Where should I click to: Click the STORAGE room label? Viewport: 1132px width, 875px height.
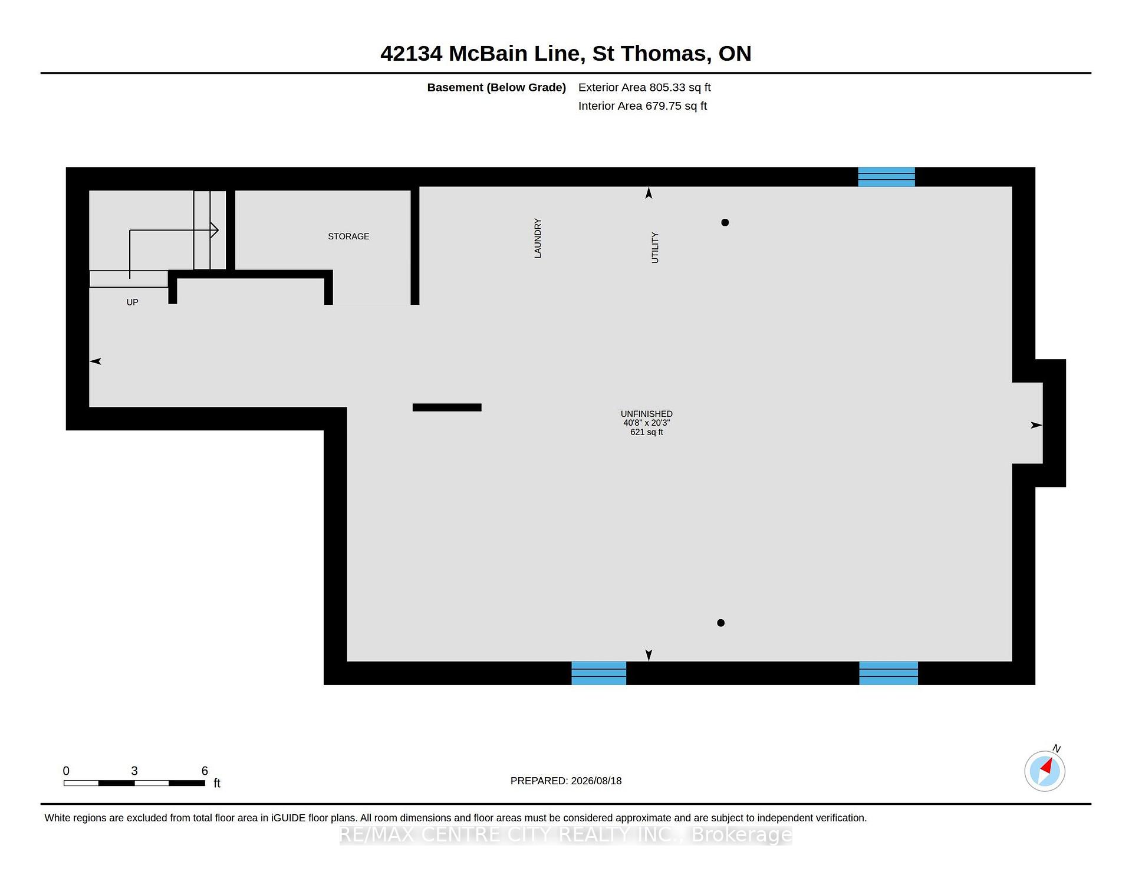[348, 236]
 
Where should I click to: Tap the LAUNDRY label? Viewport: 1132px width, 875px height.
[538, 238]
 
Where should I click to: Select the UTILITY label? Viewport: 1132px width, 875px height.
[654, 248]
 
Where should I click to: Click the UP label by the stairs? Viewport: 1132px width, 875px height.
[133, 302]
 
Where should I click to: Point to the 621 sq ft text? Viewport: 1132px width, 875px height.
[647, 432]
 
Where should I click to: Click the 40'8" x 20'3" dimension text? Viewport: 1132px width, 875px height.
[647, 423]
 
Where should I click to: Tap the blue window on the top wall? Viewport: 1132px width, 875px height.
[886, 177]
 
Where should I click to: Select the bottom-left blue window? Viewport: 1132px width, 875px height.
[598, 673]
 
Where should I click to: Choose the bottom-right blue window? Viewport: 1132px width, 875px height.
[889, 673]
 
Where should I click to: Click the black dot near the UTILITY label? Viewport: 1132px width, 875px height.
[725, 222]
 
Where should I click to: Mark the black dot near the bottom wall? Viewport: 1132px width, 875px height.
[720, 623]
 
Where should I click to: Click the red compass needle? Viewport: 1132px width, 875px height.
[1047, 767]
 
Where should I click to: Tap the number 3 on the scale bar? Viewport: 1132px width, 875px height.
[134, 771]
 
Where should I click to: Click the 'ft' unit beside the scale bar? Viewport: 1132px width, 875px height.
[217, 783]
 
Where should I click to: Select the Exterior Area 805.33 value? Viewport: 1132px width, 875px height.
[667, 87]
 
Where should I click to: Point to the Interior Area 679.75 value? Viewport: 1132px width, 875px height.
[663, 106]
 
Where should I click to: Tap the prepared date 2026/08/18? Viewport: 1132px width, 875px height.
[596, 781]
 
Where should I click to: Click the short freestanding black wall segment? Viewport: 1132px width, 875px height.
[447, 407]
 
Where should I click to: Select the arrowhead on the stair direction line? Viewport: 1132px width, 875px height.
[215, 230]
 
